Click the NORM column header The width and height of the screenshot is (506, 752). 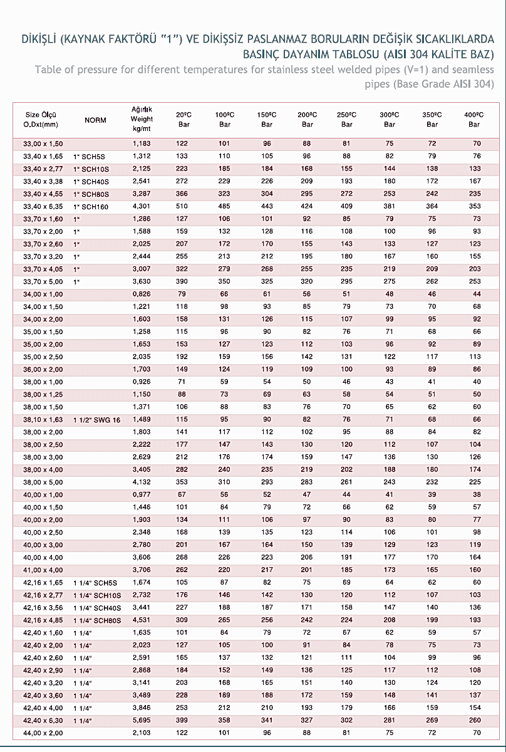(x=95, y=120)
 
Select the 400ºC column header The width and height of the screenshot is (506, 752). (x=474, y=120)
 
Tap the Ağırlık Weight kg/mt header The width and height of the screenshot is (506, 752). (x=142, y=119)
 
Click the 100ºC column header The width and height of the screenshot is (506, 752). (x=225, y=120)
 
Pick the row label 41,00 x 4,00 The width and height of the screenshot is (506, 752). (x=43, y=570)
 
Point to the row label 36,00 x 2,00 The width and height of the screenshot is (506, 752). (x=43, y=369)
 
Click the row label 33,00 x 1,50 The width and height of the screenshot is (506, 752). (x=43, y=144)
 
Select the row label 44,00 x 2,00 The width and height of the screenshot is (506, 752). (x=43, y=733)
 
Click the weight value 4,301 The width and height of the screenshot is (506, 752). (x=142, y=206)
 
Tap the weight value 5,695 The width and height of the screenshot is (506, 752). (x=142, y=720)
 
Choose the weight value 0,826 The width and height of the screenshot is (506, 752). (x=142, y=294)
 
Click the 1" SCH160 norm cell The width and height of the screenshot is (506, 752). (x=91, y=206)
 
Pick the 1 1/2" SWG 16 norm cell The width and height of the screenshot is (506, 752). (x=97, y=419)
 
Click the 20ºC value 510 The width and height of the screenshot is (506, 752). (x=182, y=206)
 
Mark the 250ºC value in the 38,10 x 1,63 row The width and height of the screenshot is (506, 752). (x=346, y=419)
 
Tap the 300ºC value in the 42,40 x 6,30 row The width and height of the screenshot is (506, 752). (x=390, y=720)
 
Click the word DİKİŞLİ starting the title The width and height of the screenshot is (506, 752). (x=41, y=39)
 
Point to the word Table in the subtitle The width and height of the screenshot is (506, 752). (x=48, y=69)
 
